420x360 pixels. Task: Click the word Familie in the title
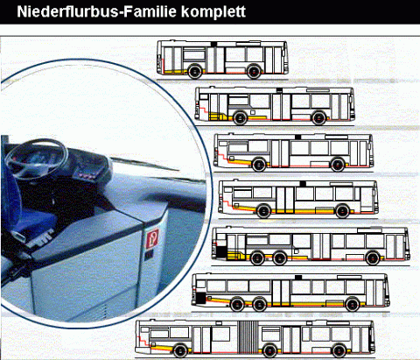click(x=150, y=11)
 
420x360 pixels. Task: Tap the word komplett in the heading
click(x=213, y=12)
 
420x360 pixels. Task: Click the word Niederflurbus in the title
click(x=68, y=11)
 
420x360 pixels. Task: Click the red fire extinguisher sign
click(x=152, y=238)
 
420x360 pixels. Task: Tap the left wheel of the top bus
click(x=195, y=71)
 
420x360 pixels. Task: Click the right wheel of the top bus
click(x=254, y=71)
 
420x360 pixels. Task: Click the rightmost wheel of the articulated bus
click(x=339, y=350)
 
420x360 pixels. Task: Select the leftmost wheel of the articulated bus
click(x=180, y=350)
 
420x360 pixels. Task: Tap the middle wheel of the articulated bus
click(x=269, y=350)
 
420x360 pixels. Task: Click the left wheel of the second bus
click(x=240, y=118)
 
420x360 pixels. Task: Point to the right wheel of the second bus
click(x=318, y=118)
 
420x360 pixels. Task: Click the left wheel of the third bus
click(x=259, y=165)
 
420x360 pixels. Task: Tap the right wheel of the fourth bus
click(x=342, y=211)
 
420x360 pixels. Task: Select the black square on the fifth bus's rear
click(x=221, y=251)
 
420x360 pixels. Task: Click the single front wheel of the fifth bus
click(x=373, y=258)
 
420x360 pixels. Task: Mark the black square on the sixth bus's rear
click(x=200, y=298)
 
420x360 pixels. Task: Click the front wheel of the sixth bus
click(x=353, y=305)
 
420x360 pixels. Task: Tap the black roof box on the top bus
click(x=214, y=44)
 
